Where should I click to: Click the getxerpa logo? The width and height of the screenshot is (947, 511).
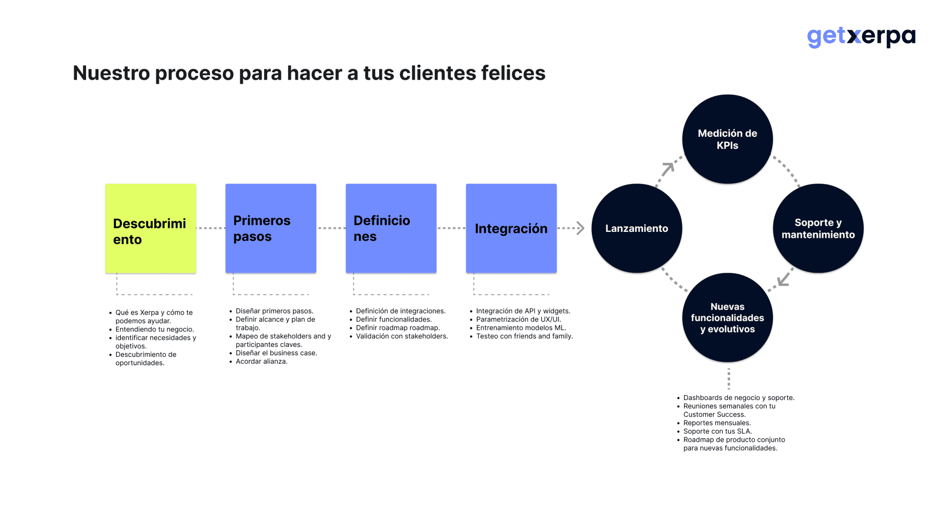860,37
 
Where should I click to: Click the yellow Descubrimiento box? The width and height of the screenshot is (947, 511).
150,228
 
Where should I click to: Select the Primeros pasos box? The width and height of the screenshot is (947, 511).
271,228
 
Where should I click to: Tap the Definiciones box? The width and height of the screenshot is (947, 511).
391,228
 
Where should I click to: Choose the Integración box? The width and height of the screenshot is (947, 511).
511,228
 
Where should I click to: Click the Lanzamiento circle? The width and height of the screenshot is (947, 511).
637,228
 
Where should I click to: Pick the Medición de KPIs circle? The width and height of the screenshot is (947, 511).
727,139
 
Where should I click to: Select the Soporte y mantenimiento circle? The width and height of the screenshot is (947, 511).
818,228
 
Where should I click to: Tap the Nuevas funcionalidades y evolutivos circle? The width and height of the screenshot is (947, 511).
727,317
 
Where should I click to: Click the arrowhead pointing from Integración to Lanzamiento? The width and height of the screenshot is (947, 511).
580,228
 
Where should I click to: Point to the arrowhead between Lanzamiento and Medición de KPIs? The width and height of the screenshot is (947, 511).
668,168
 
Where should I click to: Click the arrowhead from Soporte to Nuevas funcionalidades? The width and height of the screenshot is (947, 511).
783,280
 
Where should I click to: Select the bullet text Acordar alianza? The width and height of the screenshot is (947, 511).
261,361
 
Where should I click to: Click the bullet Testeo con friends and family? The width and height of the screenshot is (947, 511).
524,336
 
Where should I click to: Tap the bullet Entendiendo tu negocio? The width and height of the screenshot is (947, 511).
154,329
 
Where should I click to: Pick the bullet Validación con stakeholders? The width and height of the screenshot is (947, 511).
401,336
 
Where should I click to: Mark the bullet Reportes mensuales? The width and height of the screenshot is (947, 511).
717,423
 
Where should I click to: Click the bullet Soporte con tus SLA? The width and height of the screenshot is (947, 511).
717,431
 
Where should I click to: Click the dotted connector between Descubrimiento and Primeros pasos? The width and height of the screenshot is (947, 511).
211,228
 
